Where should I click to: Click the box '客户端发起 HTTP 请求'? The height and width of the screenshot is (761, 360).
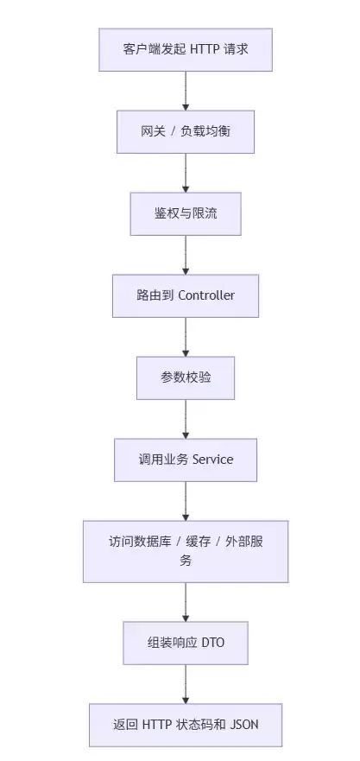186,50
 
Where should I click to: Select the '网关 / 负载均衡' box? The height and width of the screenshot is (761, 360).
186,132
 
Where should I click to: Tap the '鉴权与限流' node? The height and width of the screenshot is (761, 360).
186,214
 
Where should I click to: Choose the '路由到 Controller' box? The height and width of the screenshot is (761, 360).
186,296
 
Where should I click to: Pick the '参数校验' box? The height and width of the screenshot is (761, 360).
186,378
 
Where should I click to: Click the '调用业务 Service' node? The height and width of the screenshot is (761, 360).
186,460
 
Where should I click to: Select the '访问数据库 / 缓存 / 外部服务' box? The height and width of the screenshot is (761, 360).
186,551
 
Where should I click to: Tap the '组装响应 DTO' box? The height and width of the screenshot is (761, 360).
186,643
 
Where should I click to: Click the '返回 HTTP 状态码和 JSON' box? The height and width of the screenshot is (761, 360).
186,725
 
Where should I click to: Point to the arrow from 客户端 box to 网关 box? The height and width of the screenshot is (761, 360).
186,91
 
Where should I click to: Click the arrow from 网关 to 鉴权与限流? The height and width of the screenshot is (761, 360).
186,173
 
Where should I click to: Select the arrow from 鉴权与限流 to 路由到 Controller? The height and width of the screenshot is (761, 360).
186,255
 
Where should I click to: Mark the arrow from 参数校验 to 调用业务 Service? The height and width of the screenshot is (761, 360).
186,419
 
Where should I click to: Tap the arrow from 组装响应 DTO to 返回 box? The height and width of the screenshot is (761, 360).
186,684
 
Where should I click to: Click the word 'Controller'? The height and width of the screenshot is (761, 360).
206,295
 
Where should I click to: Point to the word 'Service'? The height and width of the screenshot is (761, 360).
212,460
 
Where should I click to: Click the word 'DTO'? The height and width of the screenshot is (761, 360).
213,643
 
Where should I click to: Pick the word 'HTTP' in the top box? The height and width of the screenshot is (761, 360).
205,49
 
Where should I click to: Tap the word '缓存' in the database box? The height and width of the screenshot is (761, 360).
199,542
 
